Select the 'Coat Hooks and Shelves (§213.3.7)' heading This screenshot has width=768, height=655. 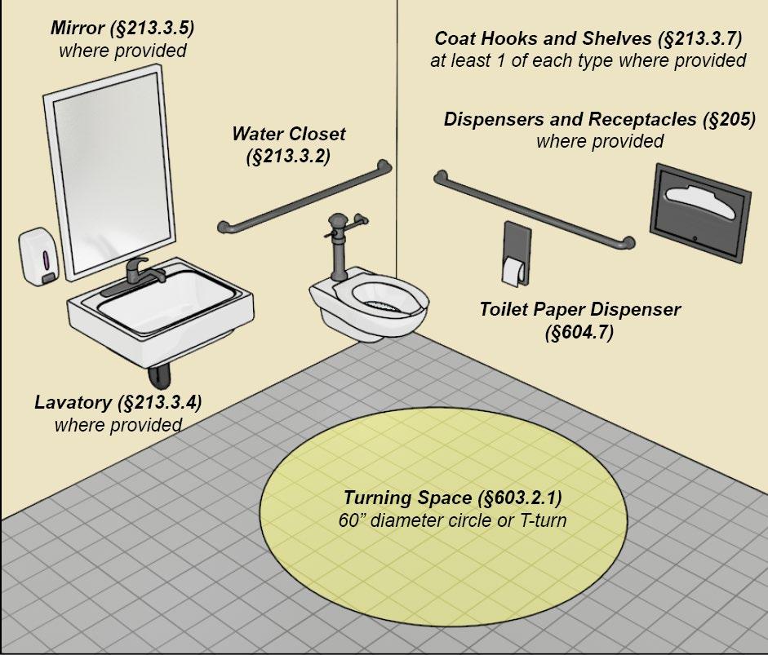[588, 38]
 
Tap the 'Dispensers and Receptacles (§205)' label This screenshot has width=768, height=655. [600, 120]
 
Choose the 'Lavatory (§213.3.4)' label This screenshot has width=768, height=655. [118, 402]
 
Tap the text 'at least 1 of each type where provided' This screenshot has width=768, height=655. [588, 60]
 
